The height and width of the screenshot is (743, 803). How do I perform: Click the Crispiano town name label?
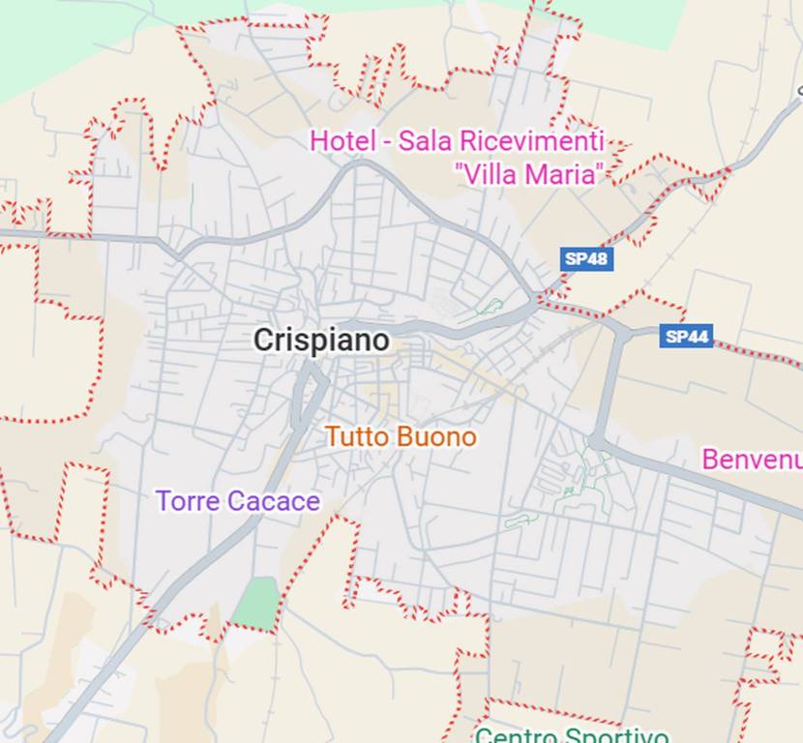click(321, 340)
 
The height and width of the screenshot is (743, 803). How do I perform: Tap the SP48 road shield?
click(586, 258)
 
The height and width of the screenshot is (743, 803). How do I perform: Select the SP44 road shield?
click(686, 337)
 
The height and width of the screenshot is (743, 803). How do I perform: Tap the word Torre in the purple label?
click(188, 501)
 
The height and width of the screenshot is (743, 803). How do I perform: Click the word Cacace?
click(274, 501)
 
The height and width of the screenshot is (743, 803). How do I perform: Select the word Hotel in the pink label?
click(342, 140)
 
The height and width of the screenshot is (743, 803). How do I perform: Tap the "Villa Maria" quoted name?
click(530, 174)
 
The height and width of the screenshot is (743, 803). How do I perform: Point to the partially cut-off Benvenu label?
click(752, 459)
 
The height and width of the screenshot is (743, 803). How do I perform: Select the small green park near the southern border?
click(256, 602)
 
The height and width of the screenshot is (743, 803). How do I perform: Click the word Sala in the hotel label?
click(427, 140)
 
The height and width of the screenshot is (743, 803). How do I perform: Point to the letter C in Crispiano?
click(264, 340)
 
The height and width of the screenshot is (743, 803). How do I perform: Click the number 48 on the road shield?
click(597, 258)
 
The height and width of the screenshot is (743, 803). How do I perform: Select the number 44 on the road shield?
click(698, 337)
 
